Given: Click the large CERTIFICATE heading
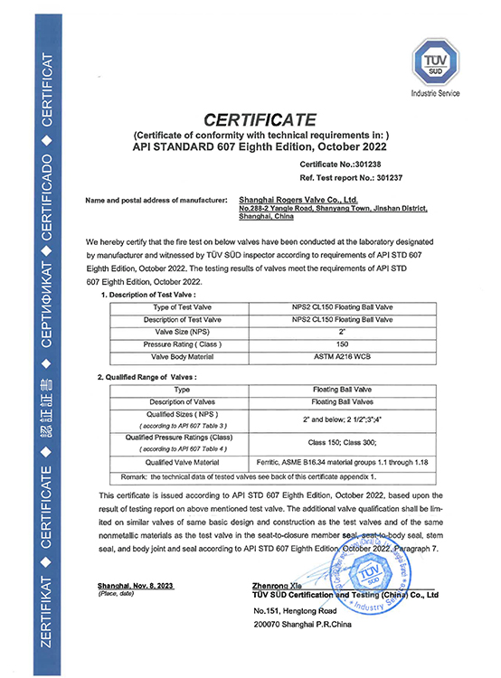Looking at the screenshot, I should point(260,118).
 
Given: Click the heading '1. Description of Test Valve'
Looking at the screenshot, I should point(148,296).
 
